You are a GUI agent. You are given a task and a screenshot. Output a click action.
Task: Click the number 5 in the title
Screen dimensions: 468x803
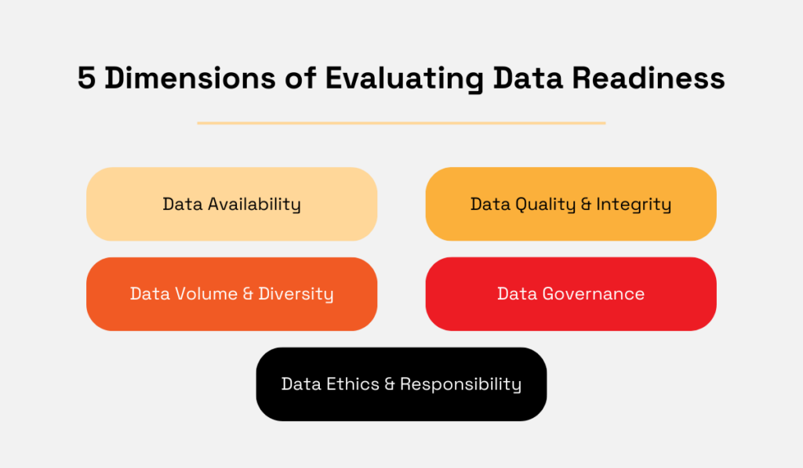87,79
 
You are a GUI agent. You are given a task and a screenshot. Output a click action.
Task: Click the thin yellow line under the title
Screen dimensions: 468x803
401,123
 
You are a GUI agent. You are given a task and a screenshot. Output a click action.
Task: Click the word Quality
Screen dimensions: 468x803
546,205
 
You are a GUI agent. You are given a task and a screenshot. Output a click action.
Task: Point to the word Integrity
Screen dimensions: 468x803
634,205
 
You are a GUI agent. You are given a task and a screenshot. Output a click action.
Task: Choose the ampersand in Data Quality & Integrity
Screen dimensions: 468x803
587,205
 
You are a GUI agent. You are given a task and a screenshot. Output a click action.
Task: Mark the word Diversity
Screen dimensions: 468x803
296,294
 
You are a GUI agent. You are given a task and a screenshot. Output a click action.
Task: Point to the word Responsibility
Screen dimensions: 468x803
460,384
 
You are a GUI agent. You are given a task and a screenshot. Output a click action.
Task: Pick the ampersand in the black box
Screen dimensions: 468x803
390,384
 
